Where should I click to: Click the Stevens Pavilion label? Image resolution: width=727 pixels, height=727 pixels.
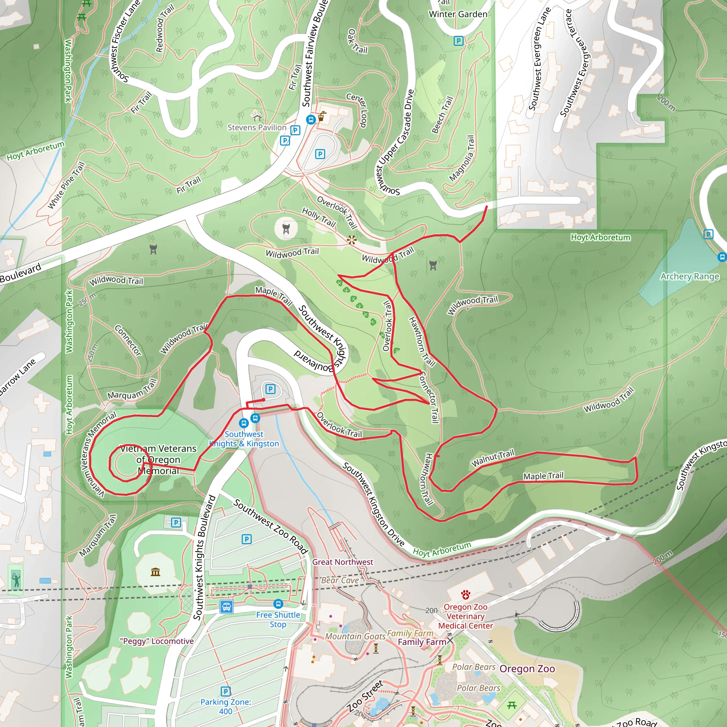pos(257,127)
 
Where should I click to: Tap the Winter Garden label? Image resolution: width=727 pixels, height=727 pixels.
pos(458,14)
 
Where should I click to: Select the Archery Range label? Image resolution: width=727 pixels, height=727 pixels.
pos(689,277)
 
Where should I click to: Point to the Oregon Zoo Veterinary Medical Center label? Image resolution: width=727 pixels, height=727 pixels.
pos(465,616)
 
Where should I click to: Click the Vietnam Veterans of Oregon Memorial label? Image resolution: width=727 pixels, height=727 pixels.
pos(158,459)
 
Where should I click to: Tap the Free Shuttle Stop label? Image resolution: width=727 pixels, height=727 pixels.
pos(278,619)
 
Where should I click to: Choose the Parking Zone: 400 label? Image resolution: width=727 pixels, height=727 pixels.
pos(225,706)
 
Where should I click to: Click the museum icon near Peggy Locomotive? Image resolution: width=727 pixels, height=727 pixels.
pos(155,572)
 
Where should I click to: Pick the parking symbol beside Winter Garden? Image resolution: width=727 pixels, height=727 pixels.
pos(458,40)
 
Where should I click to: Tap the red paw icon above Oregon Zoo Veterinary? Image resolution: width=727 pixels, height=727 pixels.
pos(465,595)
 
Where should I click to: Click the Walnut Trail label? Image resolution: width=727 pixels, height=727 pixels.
pos(493,458)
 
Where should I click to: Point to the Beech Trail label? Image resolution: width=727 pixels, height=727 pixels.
pos(443,115)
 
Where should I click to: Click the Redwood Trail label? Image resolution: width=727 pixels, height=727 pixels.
pos(164,29)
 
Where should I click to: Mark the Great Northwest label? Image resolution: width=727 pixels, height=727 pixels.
pos(343,562)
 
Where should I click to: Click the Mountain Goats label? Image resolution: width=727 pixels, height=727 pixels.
pos(355,636)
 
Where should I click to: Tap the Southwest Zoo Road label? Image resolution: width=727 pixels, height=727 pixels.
pos(270,526)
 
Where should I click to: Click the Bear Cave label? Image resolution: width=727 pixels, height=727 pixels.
pos(340,580)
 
